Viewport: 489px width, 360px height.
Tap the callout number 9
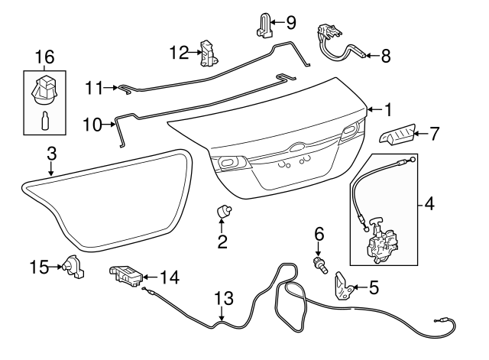[x=290, y=22]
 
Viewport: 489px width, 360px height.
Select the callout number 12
[x=178, y=52]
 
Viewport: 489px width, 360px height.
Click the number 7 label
[x=434, y=134]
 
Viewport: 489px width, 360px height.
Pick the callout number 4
[x=428, y=205]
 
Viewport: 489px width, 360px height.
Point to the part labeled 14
[x=125, y=277]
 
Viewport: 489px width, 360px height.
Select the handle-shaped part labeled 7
[x=398, y=135]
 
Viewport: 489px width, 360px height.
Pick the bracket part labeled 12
[x=209, y=54]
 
